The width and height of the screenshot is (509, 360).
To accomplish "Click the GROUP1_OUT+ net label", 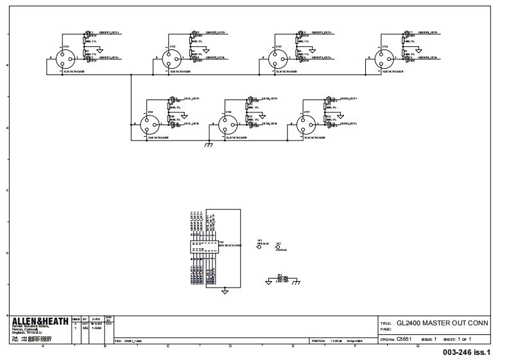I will (x=108, y=31).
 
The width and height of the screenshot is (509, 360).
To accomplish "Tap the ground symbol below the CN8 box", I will (x=225, y=292).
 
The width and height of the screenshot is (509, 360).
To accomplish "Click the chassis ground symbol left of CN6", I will (x=208, y=146).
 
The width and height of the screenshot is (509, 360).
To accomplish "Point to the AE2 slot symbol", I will (x=278, y=248).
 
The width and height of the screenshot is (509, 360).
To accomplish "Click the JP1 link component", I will (x=280, y=279).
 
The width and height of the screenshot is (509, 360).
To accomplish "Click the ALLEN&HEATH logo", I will (x=40, y=321).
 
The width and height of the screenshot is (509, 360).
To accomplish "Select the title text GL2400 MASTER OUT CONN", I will (x=442, y=323).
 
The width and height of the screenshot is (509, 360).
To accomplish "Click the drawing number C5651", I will (x=404, y=338).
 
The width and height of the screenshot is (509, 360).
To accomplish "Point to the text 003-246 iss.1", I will (x=467, y=352).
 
